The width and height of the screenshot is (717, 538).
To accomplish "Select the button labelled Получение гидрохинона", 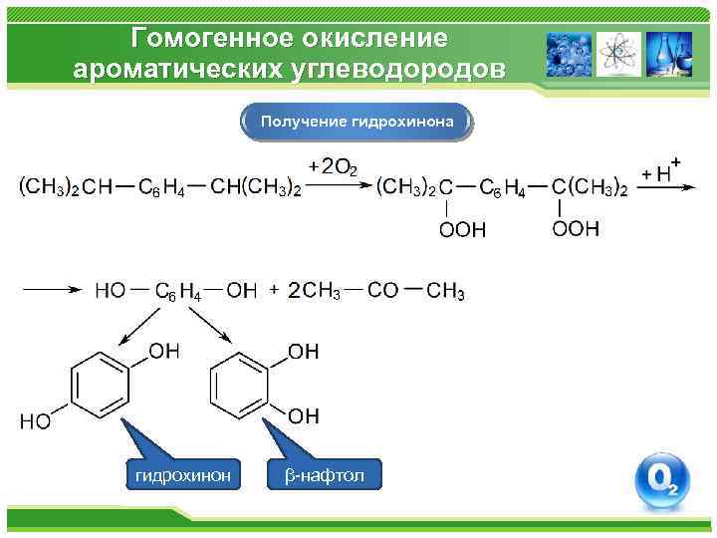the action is tap(358, 122).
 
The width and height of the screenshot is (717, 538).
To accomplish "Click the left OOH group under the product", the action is tap(462, 230).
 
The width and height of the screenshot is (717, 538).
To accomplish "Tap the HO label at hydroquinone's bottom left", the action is tap(35, 421).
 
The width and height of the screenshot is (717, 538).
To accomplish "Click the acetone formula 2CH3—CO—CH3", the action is tap(375, 291).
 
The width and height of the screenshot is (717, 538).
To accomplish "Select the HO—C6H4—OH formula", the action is tap(175, 291).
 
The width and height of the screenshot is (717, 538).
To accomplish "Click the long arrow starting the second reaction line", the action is tap(50, 290).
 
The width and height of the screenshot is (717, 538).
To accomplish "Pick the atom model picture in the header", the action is tap(618, 54).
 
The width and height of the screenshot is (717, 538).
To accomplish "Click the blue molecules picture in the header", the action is tap(569, 54).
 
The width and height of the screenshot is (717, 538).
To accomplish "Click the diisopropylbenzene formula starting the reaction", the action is tap(159, 186).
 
